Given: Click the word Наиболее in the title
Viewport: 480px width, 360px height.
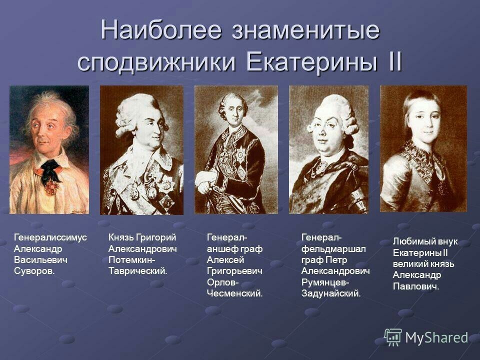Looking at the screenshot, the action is pos(161,29).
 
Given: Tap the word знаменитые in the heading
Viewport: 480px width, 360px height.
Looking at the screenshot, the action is pos(305,30).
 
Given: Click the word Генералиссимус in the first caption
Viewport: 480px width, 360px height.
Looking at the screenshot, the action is pos(50,237).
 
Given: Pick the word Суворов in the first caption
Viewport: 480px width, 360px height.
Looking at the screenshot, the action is pos(34,271).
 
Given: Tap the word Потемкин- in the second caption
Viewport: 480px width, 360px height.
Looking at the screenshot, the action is pos(132,259).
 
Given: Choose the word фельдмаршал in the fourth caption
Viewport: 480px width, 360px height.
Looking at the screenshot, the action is pos(333,248).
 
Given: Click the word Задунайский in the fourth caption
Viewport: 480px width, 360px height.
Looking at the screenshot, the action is pos(331,293).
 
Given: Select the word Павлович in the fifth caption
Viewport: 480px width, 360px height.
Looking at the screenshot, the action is pos(416,286).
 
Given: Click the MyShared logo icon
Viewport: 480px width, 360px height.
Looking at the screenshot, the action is pos(393,337).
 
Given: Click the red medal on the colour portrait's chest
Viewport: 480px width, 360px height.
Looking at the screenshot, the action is pos(52,187).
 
